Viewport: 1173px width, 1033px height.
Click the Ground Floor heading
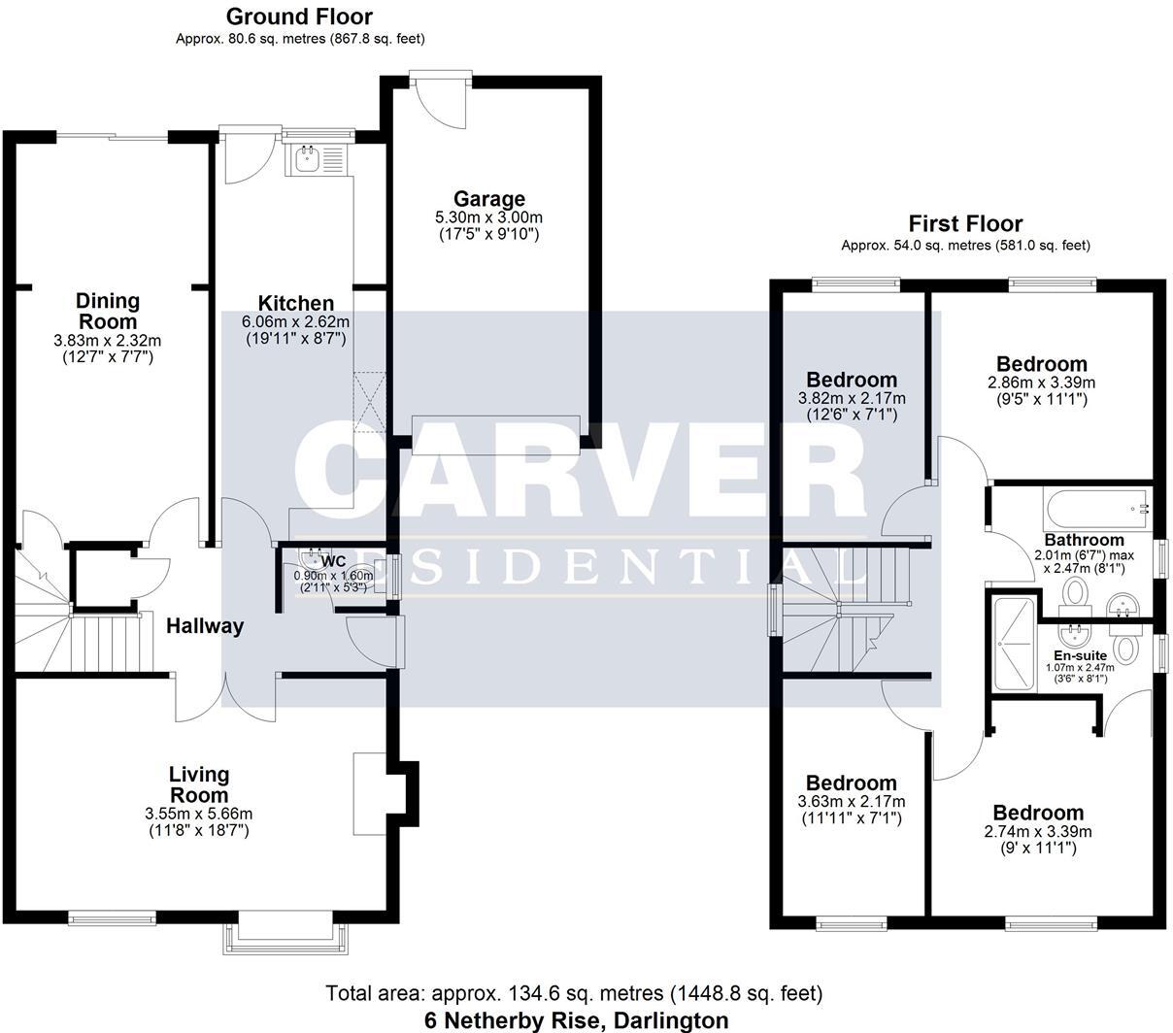(x=299, y=17)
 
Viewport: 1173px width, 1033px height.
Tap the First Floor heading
(x=965, y=224)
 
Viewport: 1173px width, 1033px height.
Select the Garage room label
(x=489, y=200)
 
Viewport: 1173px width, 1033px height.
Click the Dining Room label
(x=108, y=311)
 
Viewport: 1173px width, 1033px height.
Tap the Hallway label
(x=204, y=626)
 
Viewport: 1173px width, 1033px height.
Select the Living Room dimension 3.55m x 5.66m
(x=198, y=814)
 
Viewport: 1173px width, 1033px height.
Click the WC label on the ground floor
(x=333, y=561)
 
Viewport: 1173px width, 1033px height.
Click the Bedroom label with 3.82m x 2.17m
(x=852, y=380)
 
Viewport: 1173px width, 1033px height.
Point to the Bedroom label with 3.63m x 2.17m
(x=852, y=783)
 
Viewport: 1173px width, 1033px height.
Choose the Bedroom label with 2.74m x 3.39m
(x=1037, y=813)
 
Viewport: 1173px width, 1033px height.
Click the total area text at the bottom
(x=574, y=993)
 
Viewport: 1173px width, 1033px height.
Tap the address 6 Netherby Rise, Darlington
(x=576, y=1020)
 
